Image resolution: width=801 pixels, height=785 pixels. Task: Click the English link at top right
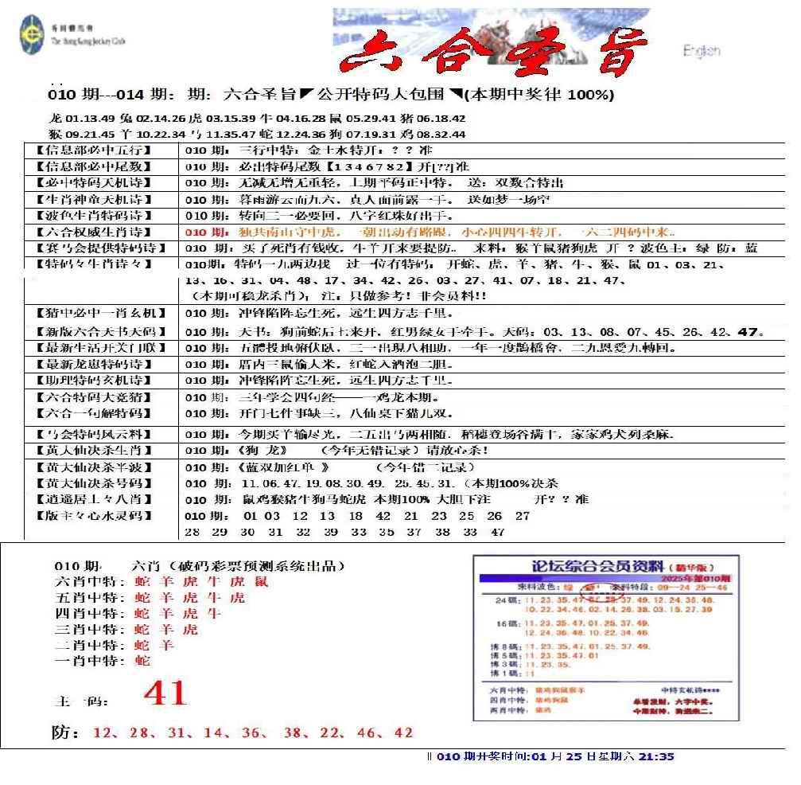pyautogui.click(x=701, y=51)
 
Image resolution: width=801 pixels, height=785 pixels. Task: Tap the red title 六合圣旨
pyautogui.click(x=488, y=54)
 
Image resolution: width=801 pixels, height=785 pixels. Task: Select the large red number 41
pyautogui.click(x=165, y=693)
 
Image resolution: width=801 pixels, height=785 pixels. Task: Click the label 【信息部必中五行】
pyautogui.click(x=96, y=150)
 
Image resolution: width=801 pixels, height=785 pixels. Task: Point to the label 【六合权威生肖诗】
pyautogui.click(x=96, y=232)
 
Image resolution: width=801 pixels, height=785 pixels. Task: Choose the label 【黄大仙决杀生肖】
pyautogui.click(x=96, y=450)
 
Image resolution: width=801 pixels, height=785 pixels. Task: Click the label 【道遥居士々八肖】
pyautogui.click(x=96, y=499)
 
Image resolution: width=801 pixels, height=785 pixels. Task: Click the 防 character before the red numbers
pyautogui.click(x=65, y=732)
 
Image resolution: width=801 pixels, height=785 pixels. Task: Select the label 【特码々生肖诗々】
pyautogui.click(x=96, y=264)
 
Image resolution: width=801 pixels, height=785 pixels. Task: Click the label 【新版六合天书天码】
pyautogui.click(x=96, y=331)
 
